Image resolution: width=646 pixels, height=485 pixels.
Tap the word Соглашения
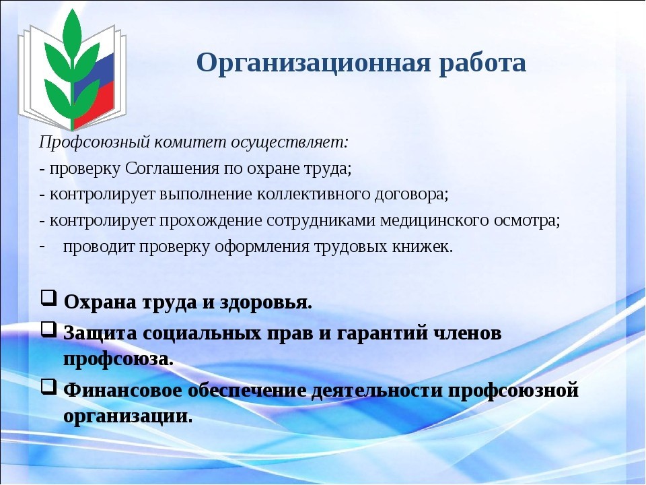click(172, 168)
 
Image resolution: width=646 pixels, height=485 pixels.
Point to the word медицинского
click(434, 221)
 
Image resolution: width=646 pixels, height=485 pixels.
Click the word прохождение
click(211, 221)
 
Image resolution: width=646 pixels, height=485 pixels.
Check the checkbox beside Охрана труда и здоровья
click(48, 298)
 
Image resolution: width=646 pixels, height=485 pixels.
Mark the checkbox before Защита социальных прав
click(48, 329)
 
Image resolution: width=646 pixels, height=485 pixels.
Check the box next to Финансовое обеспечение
click(48, 387)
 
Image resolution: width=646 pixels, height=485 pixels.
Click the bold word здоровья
click(266, 303)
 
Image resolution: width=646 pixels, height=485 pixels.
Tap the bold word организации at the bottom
click(128, 416)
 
